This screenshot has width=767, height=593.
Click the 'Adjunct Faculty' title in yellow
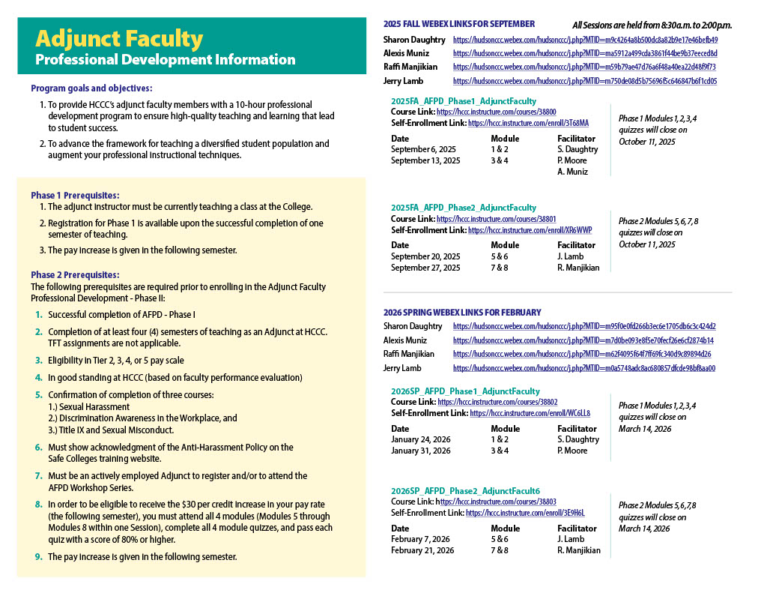point(119,39)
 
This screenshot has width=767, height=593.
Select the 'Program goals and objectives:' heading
point(91,88)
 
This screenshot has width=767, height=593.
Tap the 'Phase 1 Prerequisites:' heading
point(75,195)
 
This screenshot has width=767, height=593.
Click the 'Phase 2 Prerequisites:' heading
point(75,275)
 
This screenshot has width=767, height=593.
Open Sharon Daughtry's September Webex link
point(585,40)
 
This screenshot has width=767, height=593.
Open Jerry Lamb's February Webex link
point(583,368)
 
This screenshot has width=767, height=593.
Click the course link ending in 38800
point(496,112)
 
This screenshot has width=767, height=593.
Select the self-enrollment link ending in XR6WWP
point(530,230)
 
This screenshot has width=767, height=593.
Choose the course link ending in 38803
point(496,502)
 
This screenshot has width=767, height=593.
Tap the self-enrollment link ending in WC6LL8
point(530,413)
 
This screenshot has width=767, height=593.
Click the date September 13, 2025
point(425,160)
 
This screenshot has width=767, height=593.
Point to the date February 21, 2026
point(422,550)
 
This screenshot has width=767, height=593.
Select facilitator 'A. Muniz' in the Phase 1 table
point(572,172)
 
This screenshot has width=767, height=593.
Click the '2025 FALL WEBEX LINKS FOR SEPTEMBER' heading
point(458,24)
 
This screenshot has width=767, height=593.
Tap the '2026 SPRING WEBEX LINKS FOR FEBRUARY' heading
point(462,312)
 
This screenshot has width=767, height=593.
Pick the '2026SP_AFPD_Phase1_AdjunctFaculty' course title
point(465,391)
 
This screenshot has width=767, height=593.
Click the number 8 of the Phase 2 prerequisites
point(39,505)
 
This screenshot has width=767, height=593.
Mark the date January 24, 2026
point(421,439)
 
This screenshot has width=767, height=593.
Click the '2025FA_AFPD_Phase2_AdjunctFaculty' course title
point(464,208)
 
